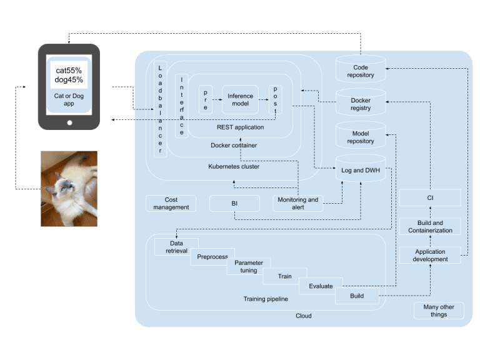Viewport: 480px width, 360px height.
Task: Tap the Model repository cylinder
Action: click(361, 135)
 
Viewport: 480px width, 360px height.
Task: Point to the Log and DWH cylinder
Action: click(361, 168)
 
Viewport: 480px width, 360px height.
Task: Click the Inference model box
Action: click(240, 100)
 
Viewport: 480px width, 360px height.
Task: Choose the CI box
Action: click(430, 197)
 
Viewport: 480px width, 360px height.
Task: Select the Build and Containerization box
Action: click(430, 226)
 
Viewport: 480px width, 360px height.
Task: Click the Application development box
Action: click(430, 255)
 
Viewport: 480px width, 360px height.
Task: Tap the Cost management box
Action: click(171, 204)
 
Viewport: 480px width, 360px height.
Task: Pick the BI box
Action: click(234, 204)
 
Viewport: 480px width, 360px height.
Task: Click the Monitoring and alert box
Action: click(298, 204)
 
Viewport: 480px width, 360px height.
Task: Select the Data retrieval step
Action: click(176, 247)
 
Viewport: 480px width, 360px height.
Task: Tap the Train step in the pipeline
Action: click(285, 276)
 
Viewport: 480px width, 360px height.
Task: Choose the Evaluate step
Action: click(321, 286)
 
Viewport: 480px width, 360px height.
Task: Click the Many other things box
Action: click(439, 311)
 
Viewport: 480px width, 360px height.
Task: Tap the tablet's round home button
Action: click(69, 122)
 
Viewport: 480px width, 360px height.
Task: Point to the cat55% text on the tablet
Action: click(69, 71)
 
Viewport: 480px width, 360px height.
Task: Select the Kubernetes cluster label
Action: click(234, 166)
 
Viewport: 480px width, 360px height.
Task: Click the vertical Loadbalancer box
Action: click(160, 109)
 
